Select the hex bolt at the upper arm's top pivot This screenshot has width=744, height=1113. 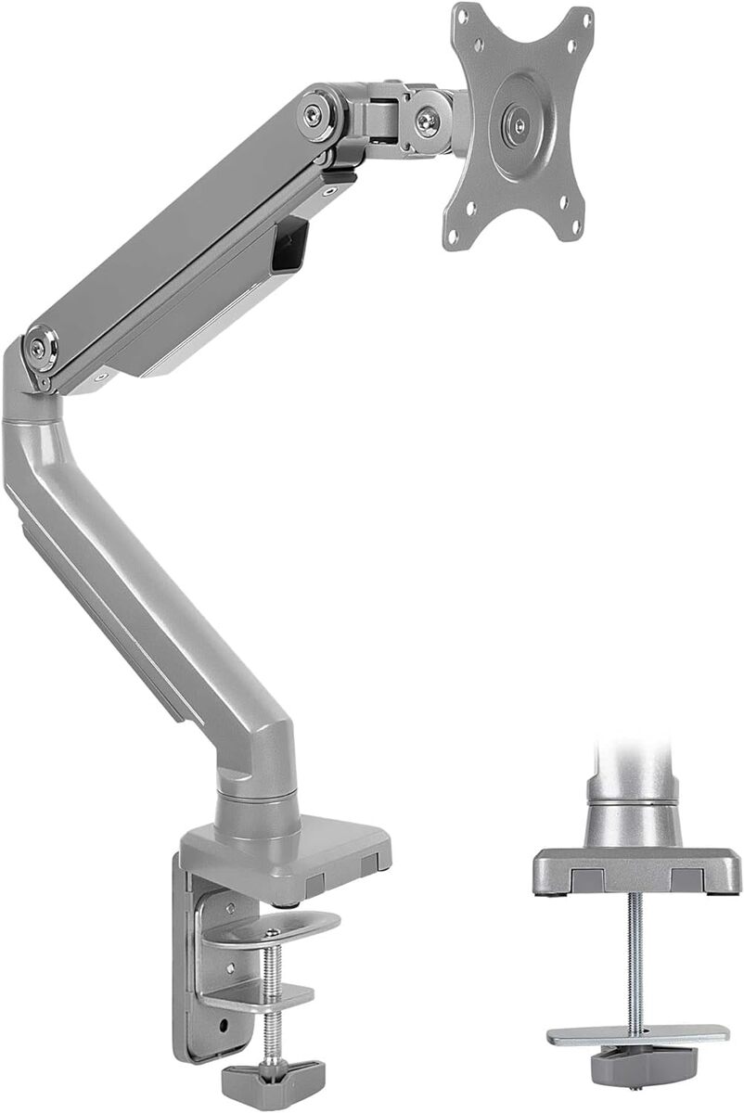[315, 114]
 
